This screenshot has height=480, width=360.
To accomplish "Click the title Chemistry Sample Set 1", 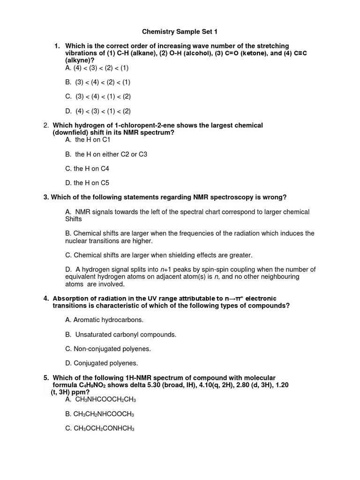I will [x=180, y=32].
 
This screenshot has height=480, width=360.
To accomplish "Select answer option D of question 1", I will [x=98, y=111].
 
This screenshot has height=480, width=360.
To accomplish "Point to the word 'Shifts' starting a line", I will [x=74, y=219].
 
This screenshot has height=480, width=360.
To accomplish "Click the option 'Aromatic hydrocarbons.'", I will [x=105, y=320].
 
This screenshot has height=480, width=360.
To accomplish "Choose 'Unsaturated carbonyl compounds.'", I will [x=121, y=334].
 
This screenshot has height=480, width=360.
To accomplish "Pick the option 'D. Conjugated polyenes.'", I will [x=102, y=363].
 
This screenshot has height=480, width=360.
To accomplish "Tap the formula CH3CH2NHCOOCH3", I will [x=104, y=414].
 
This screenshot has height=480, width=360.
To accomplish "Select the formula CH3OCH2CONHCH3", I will [x=104, y=428].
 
